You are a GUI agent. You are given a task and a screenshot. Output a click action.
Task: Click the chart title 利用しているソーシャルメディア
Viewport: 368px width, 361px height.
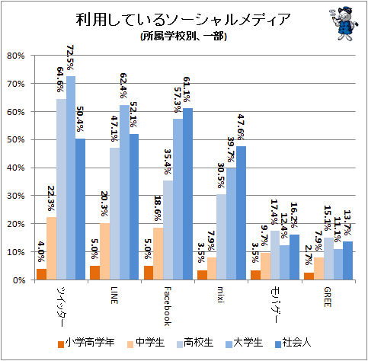point(183,19)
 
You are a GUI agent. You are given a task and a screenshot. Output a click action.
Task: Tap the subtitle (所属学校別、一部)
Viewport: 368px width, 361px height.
point(184,36)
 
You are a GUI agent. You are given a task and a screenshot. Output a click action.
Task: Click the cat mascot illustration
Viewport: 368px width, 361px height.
point(344,24)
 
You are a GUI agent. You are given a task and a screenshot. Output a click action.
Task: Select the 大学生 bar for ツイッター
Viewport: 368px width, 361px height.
point(71,178)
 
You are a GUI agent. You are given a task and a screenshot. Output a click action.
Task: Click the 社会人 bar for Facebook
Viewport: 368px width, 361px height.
point(188,194)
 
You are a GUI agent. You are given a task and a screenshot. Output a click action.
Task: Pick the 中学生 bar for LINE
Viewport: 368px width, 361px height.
point(104,251)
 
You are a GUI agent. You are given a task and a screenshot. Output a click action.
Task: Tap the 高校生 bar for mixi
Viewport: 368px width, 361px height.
point(221,237)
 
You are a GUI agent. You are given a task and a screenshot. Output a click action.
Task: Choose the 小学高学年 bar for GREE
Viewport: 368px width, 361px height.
point(309,276)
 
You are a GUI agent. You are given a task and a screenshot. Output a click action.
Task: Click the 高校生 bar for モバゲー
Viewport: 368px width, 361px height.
point(275,255)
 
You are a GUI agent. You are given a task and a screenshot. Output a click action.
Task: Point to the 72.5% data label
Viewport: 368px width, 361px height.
point(70,58)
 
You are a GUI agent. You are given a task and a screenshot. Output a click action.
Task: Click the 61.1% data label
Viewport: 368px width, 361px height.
point(187,89)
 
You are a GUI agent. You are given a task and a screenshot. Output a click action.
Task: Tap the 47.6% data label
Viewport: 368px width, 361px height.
point(240,127)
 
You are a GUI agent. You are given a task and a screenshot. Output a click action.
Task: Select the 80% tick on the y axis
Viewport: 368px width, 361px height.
point(16,56)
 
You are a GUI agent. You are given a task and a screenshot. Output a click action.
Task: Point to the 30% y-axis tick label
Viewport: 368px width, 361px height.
point(16,196)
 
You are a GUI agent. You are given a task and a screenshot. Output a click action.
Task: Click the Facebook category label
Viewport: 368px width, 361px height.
point(168,306)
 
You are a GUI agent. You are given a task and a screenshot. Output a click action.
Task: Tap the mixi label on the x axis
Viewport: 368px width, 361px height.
point(221,295)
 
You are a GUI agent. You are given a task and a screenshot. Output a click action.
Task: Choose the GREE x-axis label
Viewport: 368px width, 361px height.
point(328,297)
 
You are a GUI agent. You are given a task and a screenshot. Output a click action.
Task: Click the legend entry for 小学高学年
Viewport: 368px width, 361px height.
point(86,343)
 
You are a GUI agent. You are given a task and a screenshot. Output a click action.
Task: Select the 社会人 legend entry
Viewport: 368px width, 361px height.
point(293,343)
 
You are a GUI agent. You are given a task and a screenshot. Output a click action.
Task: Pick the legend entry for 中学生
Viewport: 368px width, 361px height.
point(146,343)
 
